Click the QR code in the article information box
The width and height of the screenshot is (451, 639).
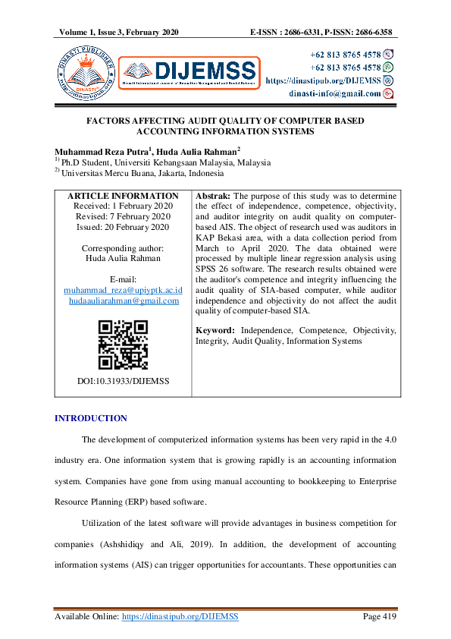click(123, 345)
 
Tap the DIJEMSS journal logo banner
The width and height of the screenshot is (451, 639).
click(189, 73)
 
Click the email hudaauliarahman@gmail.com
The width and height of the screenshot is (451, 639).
click(123, 301)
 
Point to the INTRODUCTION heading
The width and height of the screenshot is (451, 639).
click(91, 419)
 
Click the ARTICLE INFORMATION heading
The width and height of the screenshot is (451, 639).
click(123, 196)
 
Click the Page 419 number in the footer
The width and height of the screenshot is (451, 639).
click(380, 617)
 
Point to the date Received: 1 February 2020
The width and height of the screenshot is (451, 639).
click(123, 206)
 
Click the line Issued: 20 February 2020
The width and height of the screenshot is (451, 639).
click(123, 227)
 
